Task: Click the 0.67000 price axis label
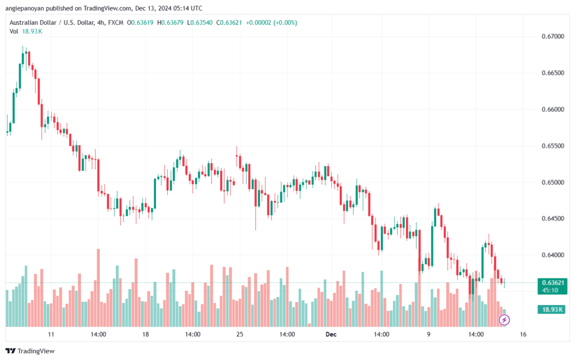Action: point(552,37)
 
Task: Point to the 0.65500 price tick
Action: point(552,146)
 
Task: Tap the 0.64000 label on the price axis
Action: point(552,256)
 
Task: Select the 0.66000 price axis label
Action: point(552,110)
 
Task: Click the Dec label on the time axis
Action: point(331,334)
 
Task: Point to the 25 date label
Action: point(239,334)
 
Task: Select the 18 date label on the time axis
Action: point(145,334)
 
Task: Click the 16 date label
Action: point(523,334)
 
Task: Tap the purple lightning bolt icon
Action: point(504,320)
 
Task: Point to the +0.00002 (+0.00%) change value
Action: point(269,22)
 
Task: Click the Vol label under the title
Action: point(14,31)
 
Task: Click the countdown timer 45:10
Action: point(550,290)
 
